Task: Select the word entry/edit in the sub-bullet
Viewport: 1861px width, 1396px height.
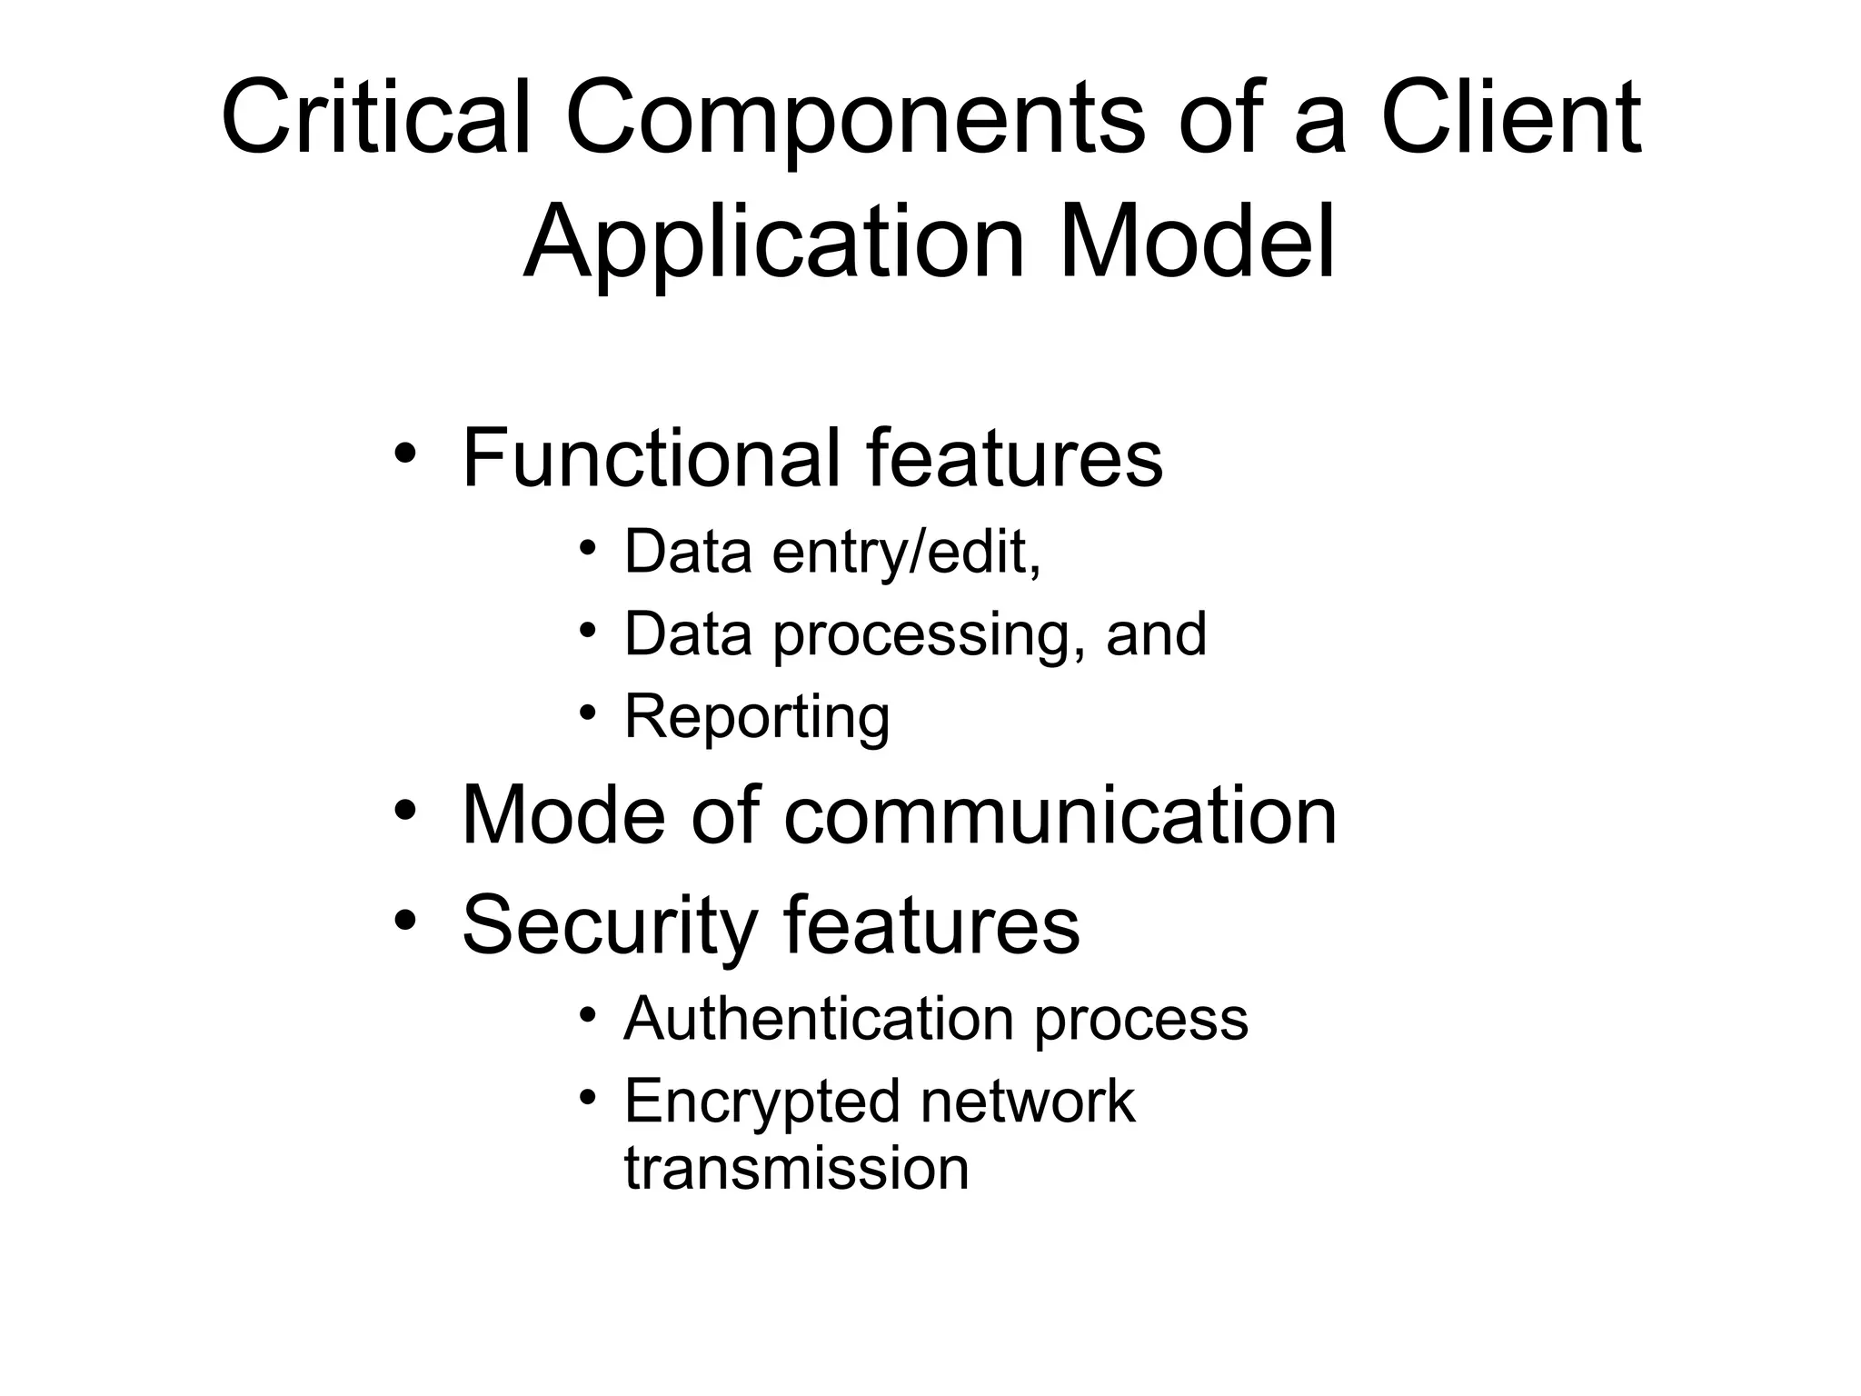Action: point(906,552)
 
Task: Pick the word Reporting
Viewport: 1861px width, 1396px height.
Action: point(757,717)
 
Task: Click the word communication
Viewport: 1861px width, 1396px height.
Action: point(1060,815)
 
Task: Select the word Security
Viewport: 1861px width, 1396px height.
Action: point(610,924)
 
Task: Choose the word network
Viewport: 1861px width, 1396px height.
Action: point(1027,1101)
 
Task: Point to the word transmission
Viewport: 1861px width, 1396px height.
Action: point(796,1168)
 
